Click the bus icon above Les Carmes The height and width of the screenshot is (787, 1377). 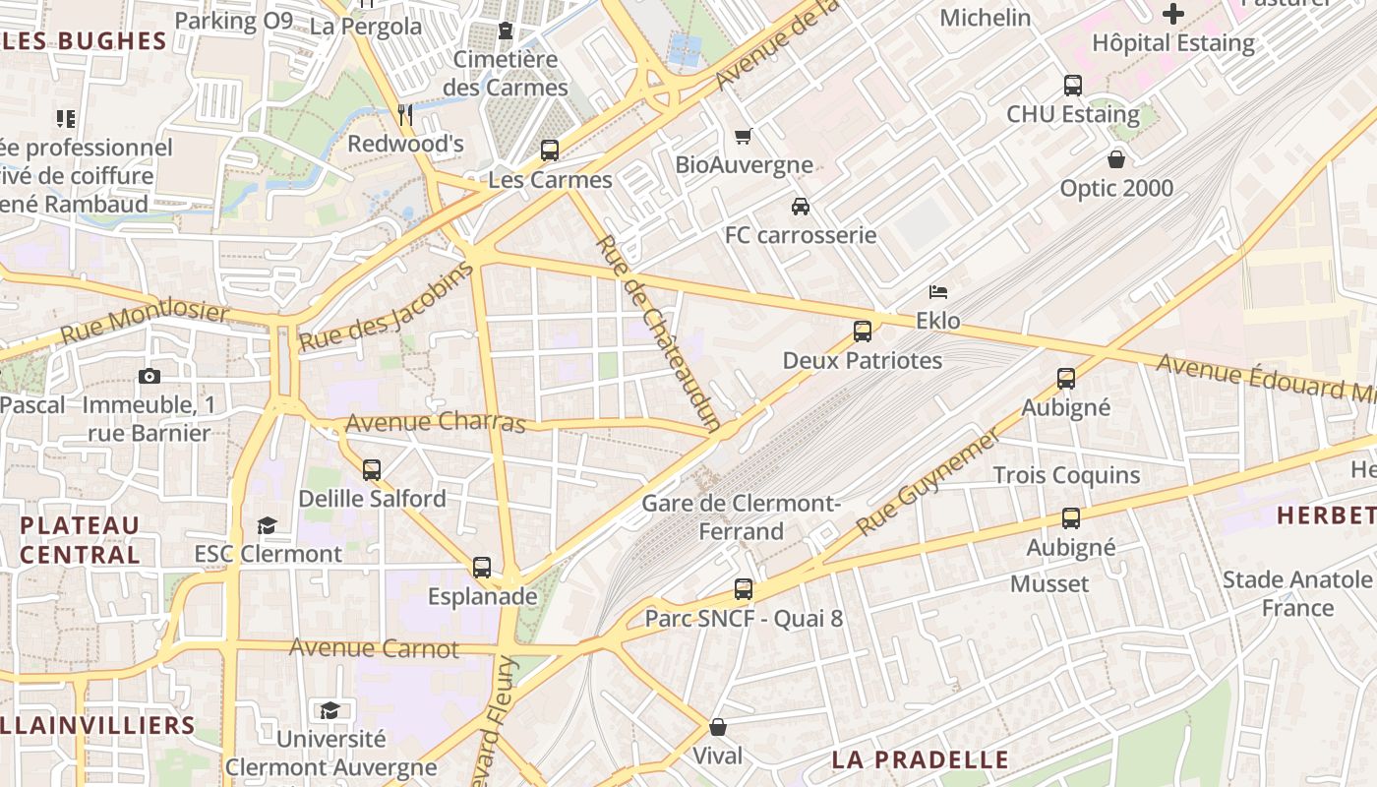550,151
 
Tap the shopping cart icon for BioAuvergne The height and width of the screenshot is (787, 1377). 744,136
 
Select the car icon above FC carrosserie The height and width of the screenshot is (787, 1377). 801,207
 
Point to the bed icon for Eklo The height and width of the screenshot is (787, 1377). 938,292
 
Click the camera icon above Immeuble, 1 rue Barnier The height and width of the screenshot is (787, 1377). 150,376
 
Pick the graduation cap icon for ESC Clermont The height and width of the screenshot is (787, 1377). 267,525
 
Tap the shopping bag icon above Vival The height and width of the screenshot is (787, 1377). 718,727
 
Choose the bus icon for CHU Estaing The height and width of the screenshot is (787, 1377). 1072,86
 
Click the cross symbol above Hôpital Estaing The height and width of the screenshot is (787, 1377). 1173,14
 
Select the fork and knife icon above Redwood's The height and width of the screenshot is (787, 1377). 405,115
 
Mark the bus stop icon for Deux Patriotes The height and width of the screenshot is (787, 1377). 863,332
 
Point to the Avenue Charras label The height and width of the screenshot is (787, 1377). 437,423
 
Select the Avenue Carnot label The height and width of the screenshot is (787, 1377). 374,648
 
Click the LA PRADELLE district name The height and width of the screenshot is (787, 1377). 920,759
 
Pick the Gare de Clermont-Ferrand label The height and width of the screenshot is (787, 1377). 742,517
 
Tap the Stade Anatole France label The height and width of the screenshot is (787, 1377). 1296,593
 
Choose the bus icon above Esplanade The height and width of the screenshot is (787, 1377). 482,568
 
